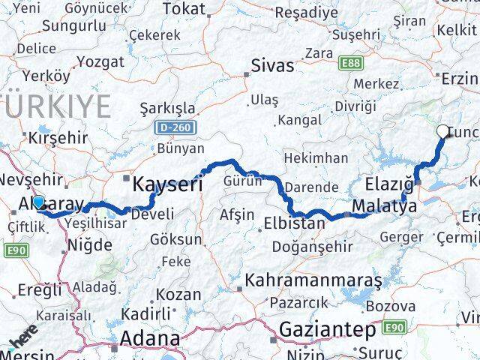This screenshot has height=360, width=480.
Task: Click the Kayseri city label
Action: pyautogui.click(x=167, y=183)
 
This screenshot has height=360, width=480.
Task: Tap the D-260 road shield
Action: pyautogui.click(x=174, y=128)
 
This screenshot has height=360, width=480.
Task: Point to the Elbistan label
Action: pyautogui.click(x=295, y=223)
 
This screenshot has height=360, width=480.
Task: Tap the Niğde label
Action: pyautogui.click(x=90, y=244)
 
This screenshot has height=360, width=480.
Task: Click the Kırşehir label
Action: pyautogui.click(x=57, y=138)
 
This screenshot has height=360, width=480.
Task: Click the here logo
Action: pyautogui.click(x=23, y=344)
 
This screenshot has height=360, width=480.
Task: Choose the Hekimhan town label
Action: pyautogui.click(x=316, y=158)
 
